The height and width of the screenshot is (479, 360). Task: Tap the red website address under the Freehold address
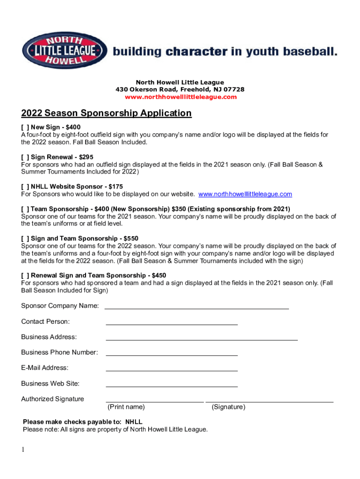coord(180,97)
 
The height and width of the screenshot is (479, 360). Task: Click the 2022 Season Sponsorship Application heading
coord(106,113)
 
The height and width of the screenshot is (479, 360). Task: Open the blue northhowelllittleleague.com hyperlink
coord(245,194)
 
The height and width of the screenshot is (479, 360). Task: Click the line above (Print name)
coord(155,401)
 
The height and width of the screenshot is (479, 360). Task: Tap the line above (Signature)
coord(269,401)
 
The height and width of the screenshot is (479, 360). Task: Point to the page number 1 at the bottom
coord(22,450)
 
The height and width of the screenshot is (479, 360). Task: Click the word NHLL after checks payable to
coord(134,422)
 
